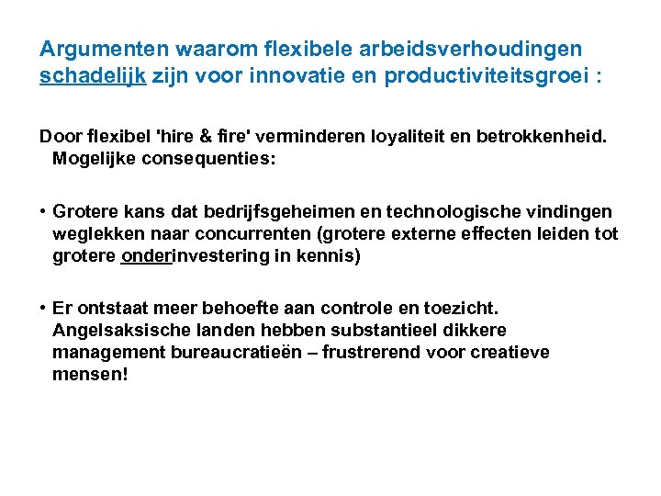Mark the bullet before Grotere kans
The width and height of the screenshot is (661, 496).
click(x=43, y=213)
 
